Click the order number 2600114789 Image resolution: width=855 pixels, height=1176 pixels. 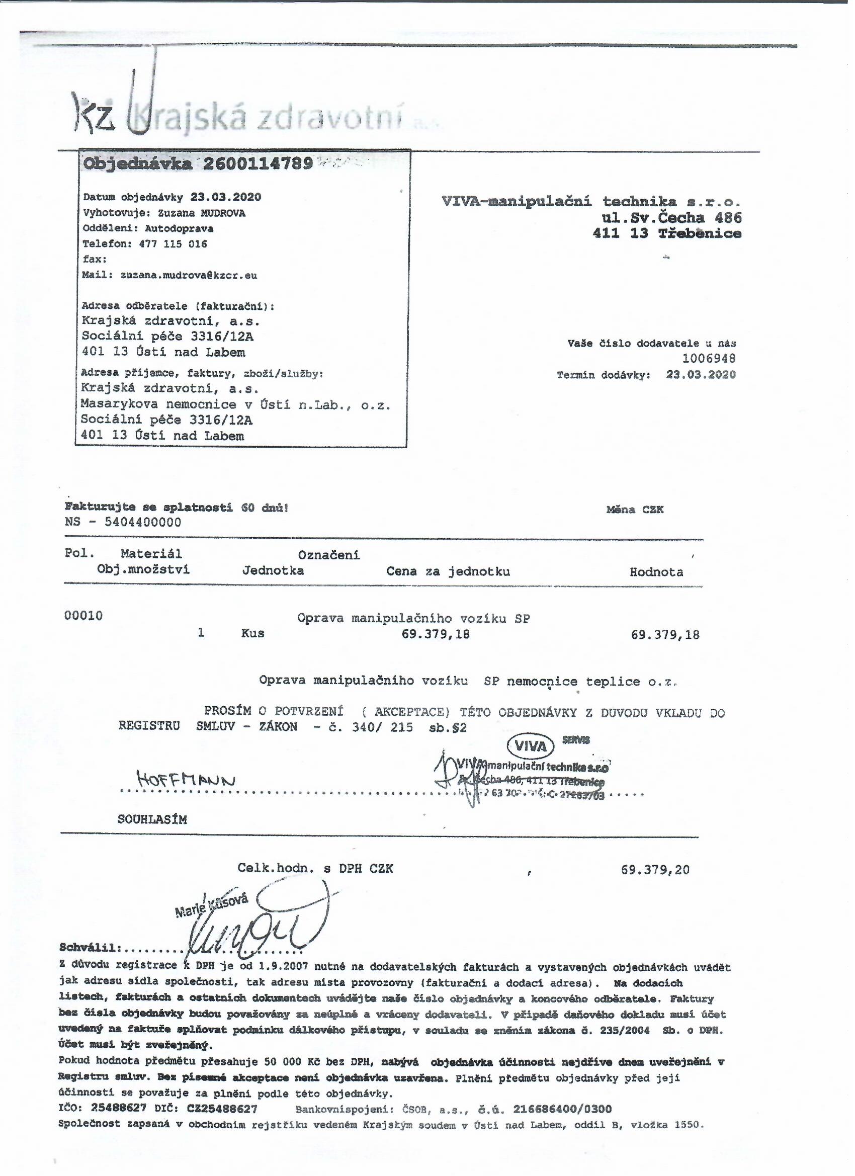coord(258,164)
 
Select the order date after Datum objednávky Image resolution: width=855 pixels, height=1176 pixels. coord(225,197)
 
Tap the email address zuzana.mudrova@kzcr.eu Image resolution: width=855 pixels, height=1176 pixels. coord(189,275)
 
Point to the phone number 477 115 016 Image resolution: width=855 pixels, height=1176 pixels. coord(173,244)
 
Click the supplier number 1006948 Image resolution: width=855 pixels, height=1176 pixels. coord(708,358)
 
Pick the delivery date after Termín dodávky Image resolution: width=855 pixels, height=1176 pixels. coord(701,374)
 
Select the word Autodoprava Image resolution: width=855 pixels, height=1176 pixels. coord(179,228)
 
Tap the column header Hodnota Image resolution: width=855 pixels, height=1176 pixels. coord(656,572)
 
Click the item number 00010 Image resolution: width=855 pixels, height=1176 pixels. coord(83,616)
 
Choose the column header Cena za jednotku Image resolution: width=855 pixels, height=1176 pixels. coord(448,571)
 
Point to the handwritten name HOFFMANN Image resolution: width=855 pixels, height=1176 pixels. coord(186,779)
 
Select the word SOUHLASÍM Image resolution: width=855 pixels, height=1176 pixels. coord(152,820)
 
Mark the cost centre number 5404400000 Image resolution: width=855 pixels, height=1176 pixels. coord(143,522)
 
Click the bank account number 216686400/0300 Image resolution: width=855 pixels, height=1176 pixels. coord(562,1109)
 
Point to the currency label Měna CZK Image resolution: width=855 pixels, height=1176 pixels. coord(635,510)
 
